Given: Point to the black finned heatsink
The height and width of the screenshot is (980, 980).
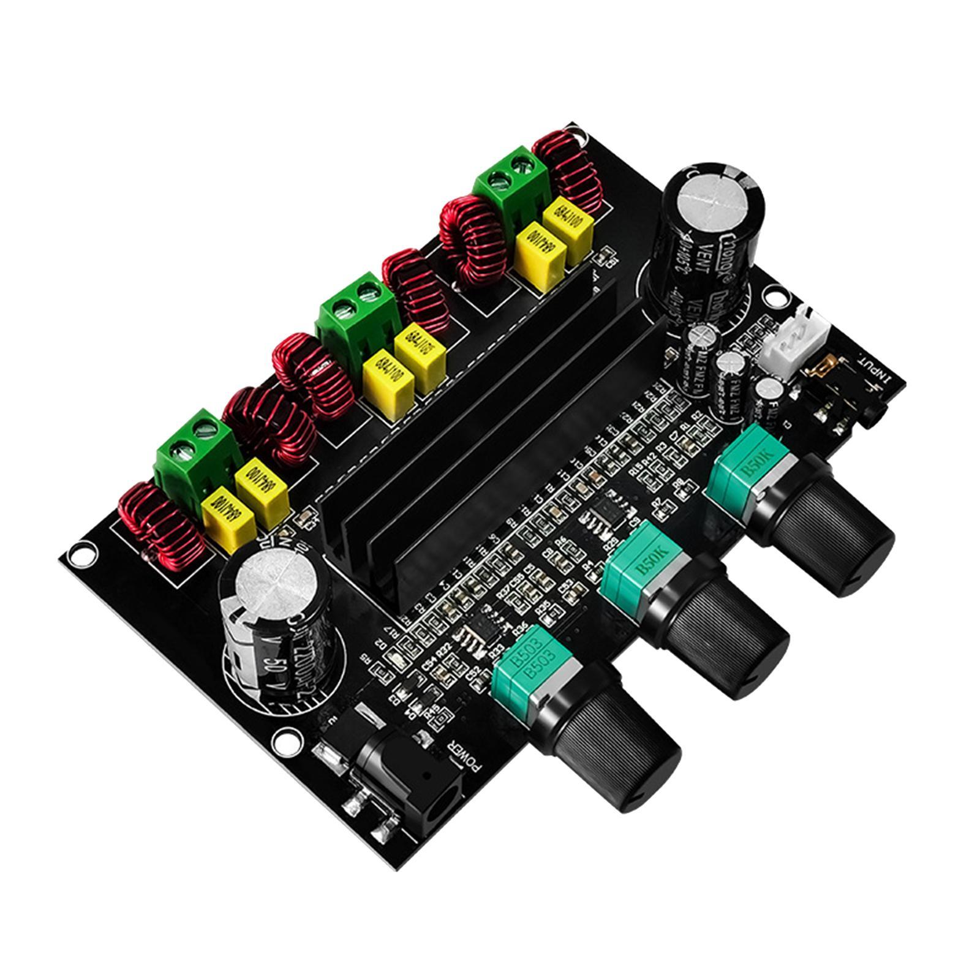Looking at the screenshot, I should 466,441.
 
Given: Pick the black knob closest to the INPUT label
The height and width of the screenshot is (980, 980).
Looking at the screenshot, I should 824,527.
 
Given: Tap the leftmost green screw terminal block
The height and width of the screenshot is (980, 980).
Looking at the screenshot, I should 193,453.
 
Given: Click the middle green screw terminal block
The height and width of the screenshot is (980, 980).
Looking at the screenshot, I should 355,312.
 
